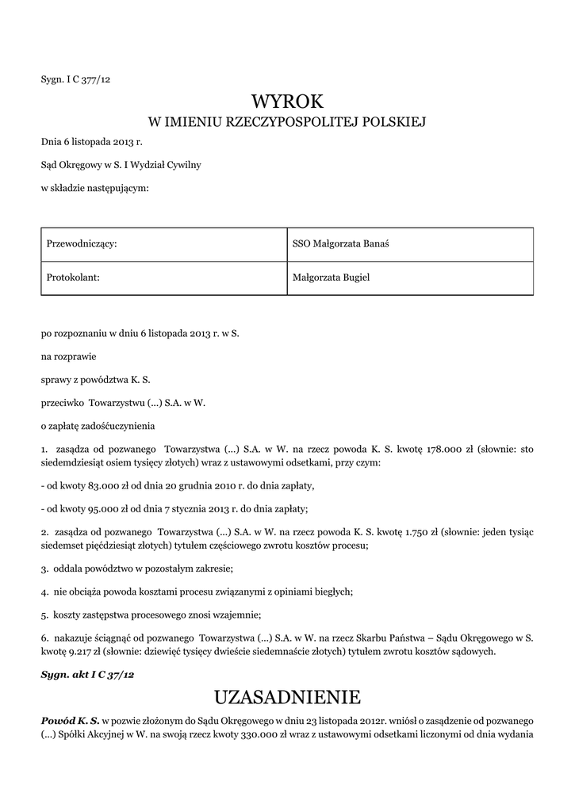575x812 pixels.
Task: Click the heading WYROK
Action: click(x=287, y=101)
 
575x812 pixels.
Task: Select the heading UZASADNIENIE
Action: click(x=287, y=697)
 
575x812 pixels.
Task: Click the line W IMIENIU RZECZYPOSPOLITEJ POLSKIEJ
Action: click(x=287, y=122)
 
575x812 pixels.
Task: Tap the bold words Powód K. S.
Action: click(x=70, y=719)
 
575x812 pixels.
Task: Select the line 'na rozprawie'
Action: click(x=67, y=357)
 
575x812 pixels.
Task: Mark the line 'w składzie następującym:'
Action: click(x=94, y=188)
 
